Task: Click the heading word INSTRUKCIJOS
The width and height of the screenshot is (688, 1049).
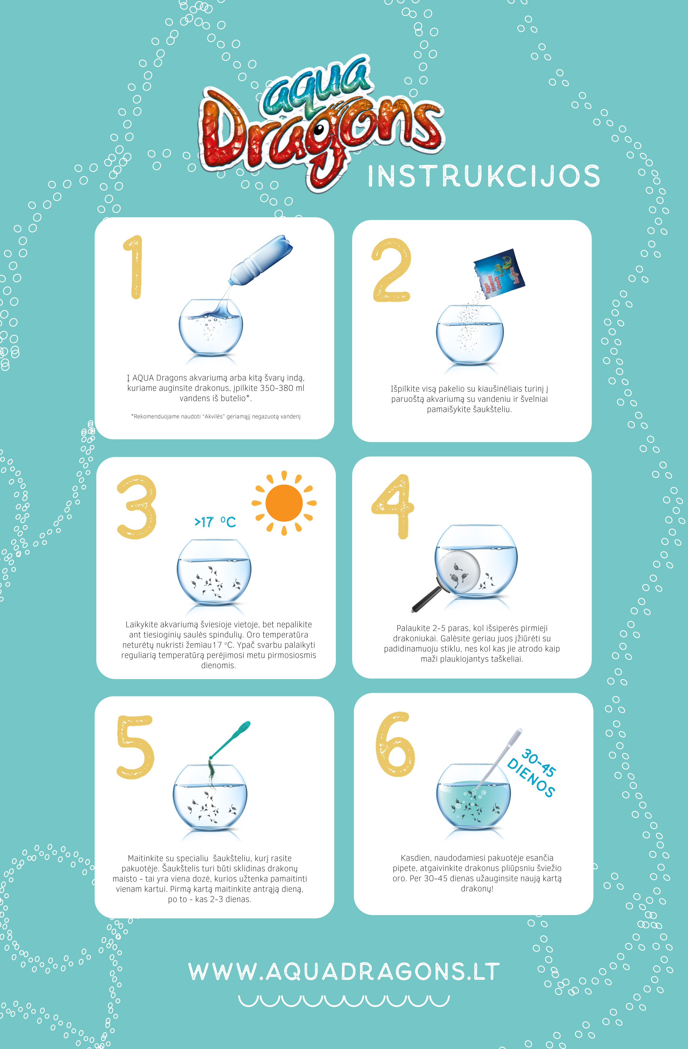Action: point(484,176)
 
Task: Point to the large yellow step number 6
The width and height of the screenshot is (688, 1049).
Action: point(395,745)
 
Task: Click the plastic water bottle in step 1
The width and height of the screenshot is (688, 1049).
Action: point(260,260)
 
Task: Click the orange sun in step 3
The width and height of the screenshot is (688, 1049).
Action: point(284,503)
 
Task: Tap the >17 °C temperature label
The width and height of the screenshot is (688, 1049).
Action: point(215,522)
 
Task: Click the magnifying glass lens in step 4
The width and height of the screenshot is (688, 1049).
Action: point(459,571)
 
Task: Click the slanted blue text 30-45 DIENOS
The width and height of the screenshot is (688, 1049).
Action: point(532,772)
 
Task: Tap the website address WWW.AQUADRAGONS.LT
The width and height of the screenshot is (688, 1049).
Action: point(344,972)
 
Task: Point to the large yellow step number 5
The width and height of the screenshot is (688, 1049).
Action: point(135,747)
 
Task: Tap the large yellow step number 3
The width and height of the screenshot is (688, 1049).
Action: point(137,507)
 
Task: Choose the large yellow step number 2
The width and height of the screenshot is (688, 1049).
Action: point(392,270)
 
